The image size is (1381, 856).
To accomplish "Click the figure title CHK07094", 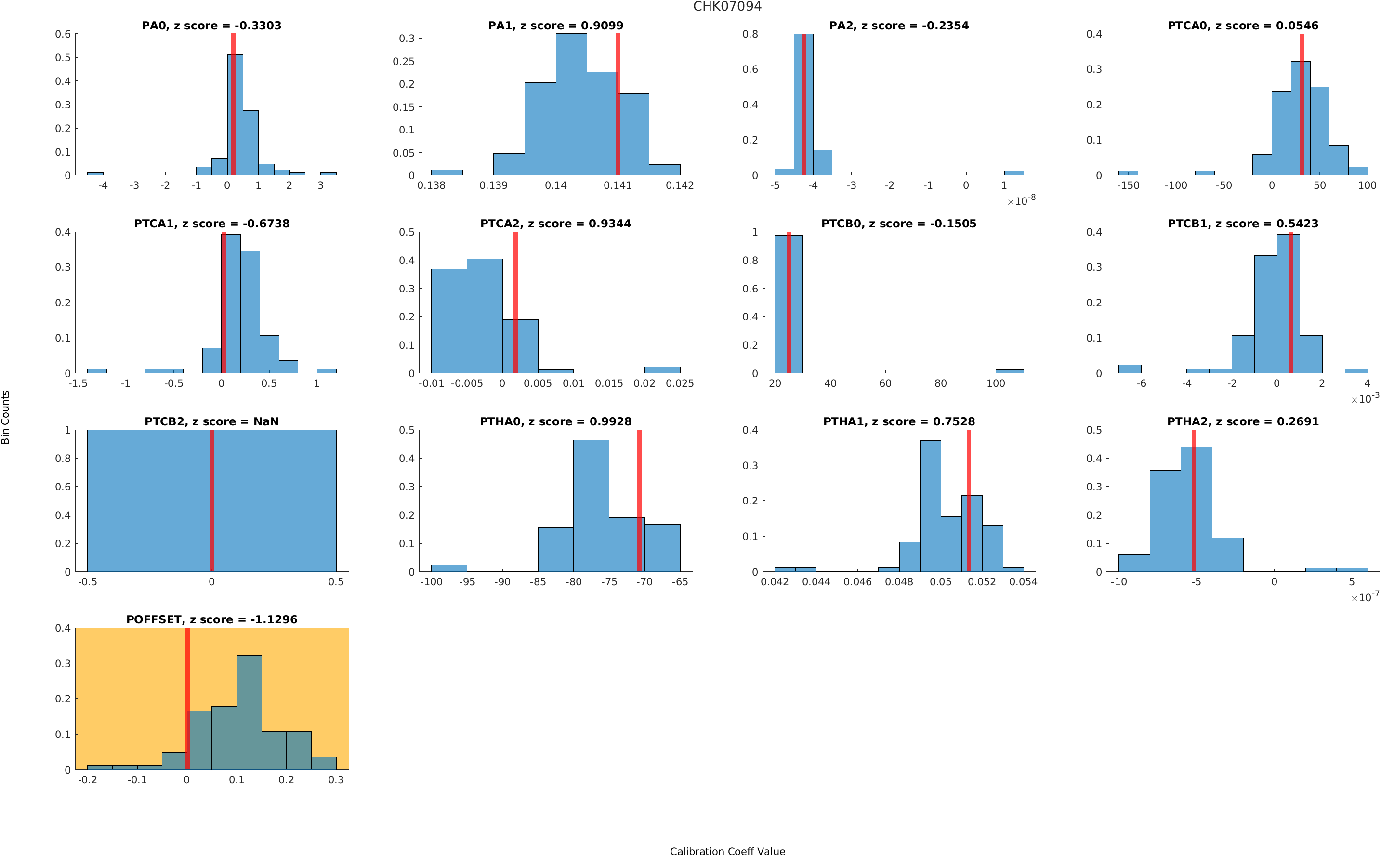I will pos(727,6).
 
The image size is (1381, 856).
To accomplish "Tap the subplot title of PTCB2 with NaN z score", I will pos(211,421).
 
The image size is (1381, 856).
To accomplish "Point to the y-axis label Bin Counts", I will pos(6,417).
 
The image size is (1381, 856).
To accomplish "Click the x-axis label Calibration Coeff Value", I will pos(727,850).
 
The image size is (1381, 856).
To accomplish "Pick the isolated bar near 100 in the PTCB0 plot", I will pos(1009,371).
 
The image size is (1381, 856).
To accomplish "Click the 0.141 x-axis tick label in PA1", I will pos(618,185).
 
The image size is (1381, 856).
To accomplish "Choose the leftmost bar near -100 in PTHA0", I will pos(449,568).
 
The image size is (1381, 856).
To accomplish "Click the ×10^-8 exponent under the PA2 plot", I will pos(1021,200).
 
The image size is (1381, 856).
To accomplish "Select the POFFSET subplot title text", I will pos(211,619).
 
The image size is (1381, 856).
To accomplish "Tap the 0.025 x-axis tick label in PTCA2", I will pos(679,383).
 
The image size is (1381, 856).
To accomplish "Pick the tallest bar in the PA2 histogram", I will pos(803,104).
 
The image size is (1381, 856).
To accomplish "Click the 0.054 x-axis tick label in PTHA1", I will pos(1023,581).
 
